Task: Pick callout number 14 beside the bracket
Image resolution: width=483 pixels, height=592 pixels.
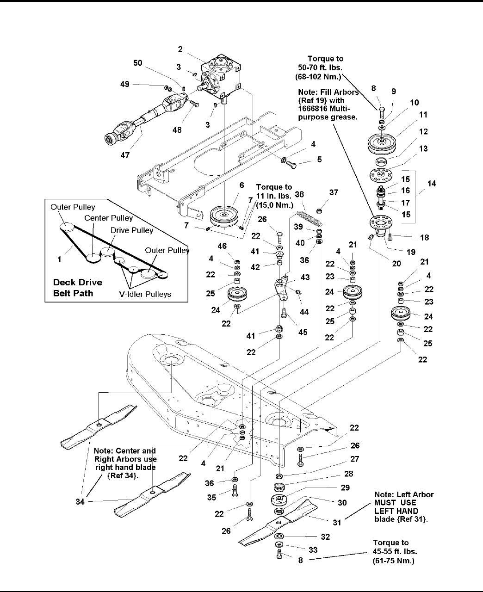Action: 432,184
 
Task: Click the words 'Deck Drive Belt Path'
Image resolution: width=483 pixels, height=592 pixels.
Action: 78,288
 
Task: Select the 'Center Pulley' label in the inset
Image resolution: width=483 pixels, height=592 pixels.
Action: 108,218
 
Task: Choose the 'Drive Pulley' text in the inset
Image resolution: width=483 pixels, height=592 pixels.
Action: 131,230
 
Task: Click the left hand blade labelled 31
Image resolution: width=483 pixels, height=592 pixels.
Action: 278,521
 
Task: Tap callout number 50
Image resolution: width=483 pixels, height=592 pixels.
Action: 138,63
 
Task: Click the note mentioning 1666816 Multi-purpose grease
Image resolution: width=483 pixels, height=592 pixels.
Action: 328,108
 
